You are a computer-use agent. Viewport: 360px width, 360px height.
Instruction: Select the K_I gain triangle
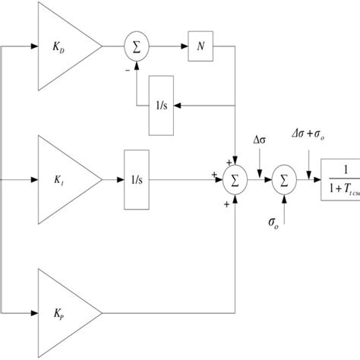pyautogui.click(x=65, y=181)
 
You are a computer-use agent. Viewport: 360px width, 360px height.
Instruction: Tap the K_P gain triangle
pyautogui.click(x=65, y=311)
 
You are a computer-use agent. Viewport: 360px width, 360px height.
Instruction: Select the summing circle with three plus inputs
pyautogui.click(x=235, y=181)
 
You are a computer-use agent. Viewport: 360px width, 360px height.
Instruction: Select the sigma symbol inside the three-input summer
pyautogui.click(x=235, y=181)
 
